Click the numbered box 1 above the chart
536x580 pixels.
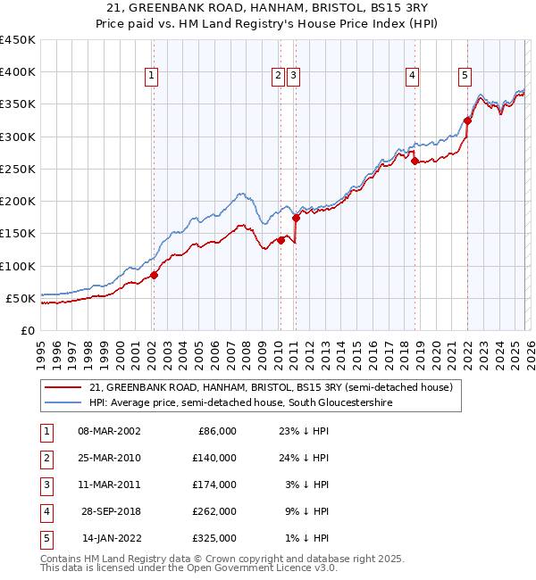point(152,77)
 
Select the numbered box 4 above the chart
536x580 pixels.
point(412,77)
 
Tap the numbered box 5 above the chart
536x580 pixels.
point(465,77)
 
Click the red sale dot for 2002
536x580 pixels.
point(154,275)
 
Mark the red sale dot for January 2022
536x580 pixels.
point(467,120)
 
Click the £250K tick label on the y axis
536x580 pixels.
point(17,169)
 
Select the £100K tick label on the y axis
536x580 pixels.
point(17,266)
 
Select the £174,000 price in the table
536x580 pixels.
point(214,485)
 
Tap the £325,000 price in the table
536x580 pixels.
point(214,538)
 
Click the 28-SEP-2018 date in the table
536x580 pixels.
point(108,511)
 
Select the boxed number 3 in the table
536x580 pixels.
point(44,485)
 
